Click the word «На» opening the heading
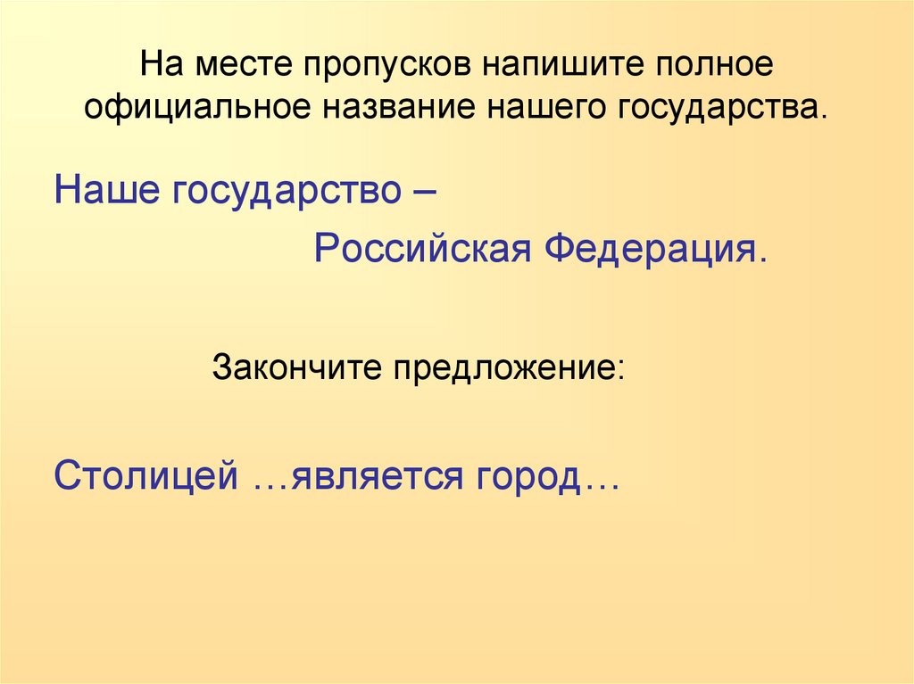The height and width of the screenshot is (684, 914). (x=162, y=70)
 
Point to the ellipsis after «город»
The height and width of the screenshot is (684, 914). (x=602, y=482)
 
